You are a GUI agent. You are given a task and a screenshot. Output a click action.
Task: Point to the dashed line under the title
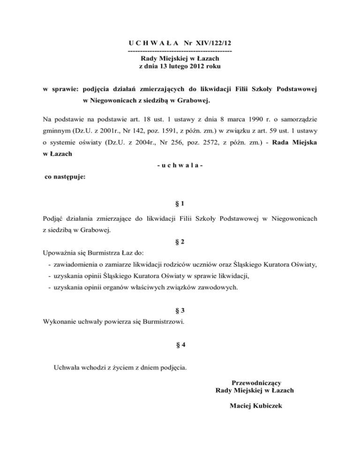(180, 51)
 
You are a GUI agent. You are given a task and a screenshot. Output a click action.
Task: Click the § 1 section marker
(179, 204)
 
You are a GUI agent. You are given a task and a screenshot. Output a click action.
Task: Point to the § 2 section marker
(179, 242)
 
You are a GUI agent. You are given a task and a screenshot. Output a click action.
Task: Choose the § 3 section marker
(179, 311)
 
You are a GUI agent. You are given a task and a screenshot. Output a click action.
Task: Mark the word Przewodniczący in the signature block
(256, 382)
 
